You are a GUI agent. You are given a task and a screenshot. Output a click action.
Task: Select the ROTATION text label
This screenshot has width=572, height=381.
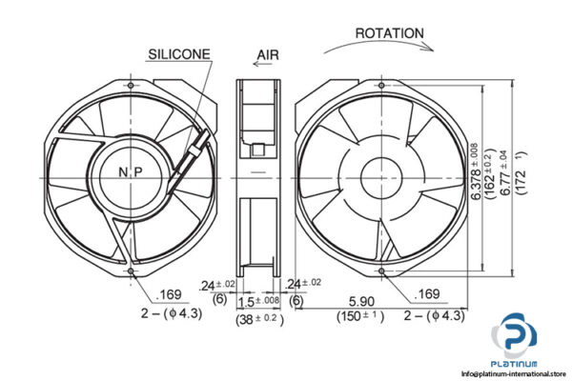click(389, 33)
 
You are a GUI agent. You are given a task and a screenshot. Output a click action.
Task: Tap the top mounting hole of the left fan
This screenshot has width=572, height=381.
click(128, 84)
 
